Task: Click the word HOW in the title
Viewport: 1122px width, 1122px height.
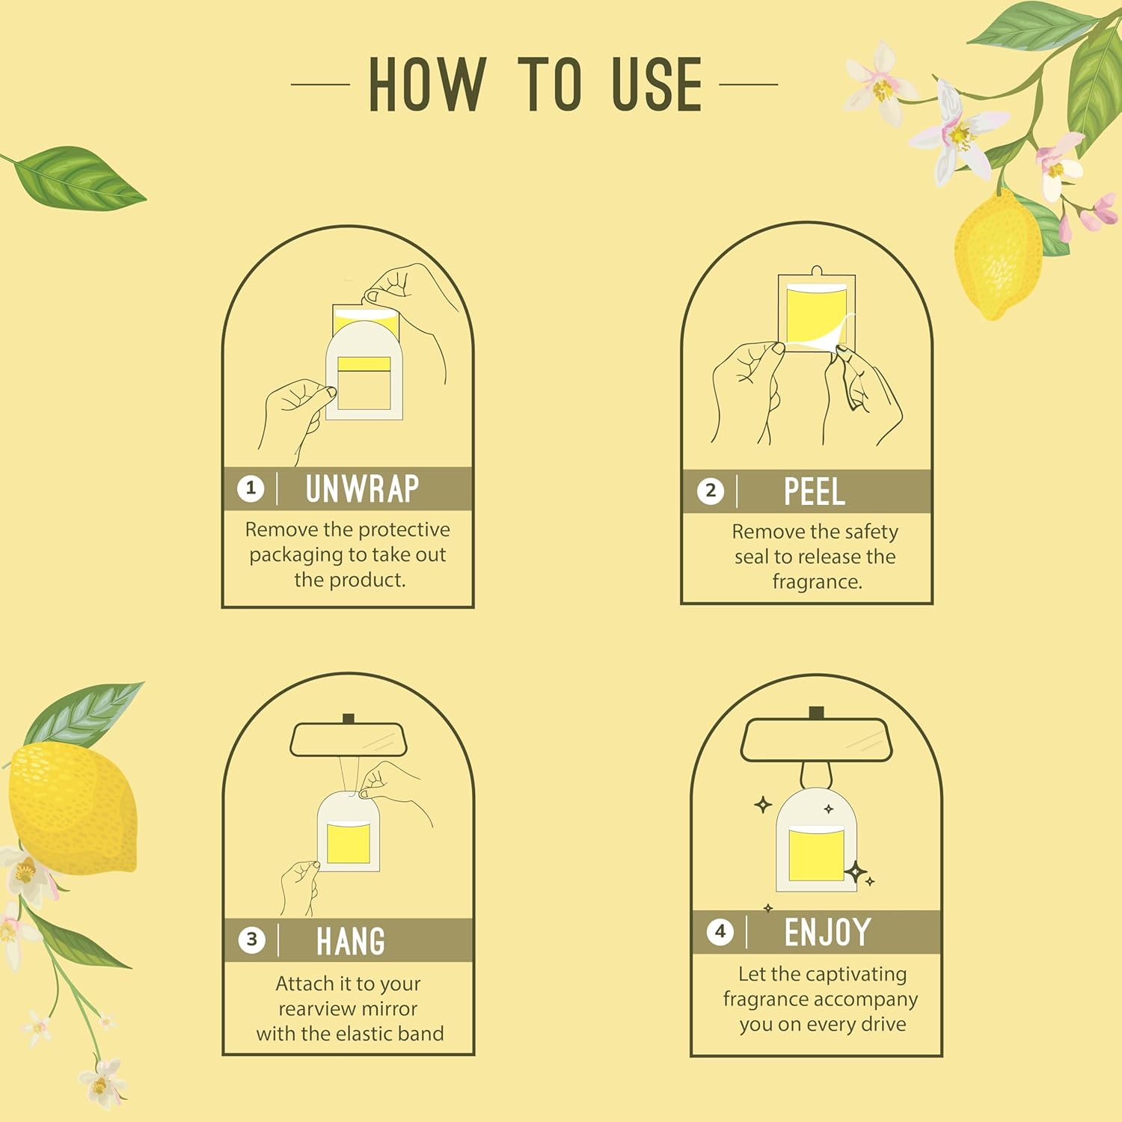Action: click(x=427, y=85)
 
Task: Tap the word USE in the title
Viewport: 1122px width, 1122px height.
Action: click(x=657, y=85)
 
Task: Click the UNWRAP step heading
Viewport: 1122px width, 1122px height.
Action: click(x=362, y=489)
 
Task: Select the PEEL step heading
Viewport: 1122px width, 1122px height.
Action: click(x=814, y=492)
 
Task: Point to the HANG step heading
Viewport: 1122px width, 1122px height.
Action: click(x=350, y=941)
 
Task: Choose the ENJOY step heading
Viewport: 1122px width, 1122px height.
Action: click(x=827, y=933)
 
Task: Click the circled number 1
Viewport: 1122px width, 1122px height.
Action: click(x=251, y=489)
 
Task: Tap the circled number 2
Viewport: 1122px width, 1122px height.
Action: click(x=711, y=491)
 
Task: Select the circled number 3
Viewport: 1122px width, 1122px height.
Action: click(x=252, y=940)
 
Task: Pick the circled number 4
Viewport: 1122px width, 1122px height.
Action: click(x=720, y=932)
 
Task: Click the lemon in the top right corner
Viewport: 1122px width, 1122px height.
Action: click(x=997, y=254)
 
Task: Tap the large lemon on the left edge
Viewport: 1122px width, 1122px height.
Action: click(x=71, y=808)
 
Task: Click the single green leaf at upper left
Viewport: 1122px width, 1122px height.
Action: click(x=79, y=178)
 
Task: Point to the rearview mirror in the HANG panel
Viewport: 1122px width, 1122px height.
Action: click(x=348, y=740)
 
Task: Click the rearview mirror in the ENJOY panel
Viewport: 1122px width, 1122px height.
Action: click(x=817, y=740)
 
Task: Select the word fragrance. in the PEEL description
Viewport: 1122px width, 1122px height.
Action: click(x=817, y=582)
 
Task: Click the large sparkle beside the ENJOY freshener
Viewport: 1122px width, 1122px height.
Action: click(x=856, y=871)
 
